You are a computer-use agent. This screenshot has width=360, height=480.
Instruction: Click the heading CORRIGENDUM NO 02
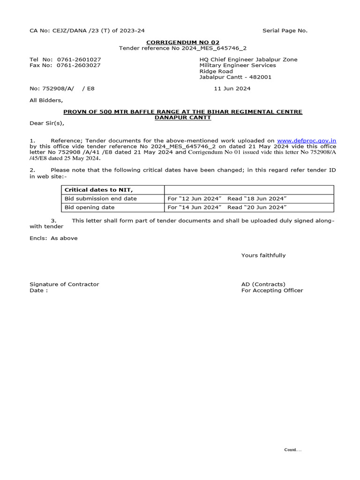pyautogui.click(x=183, y=42)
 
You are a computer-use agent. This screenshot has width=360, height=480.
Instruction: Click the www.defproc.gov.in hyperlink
pyautogui.click(x=307, y=140)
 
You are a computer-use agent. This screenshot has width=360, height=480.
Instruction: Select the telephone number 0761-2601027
pyautogui.click(x=79, y=60)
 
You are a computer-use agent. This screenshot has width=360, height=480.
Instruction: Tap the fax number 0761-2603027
pyautogui.click(x=79, y=65)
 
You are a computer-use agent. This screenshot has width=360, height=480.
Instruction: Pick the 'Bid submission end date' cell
pyautogui.click(x=100, y=199)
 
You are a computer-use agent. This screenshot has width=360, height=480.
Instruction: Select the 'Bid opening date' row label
pyautogui.click(x=89, y=207)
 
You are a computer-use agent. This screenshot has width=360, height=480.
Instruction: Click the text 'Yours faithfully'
pyautogui.click(x=263, y=255)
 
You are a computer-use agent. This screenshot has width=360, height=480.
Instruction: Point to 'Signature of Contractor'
pyautogui.click(x=64, y=284)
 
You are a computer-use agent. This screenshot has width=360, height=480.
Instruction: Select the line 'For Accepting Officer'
pyautogui.click(x=272, y=290)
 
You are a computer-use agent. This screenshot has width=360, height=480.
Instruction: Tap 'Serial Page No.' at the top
pyautogui.click(x=285, y=30)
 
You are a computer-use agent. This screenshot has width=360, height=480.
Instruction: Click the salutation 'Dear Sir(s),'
pyautogui.click(x=46, y=123)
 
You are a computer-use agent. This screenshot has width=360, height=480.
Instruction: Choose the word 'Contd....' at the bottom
pyautogui.click(x=293, y=450)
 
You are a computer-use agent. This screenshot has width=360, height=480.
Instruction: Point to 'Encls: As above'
pyautogui.click(x=53, y=238)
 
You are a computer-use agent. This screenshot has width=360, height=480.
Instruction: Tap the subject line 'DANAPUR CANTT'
pyautogui.click(x=183, y=117)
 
